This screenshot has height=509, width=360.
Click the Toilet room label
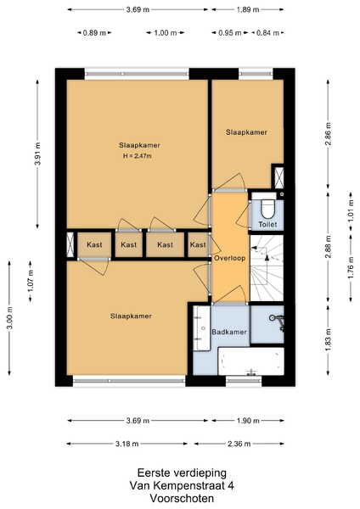(x=267, y=224)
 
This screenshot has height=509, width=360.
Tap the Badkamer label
(x=229, y=332)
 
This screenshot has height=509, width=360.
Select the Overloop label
(x=229, y=259)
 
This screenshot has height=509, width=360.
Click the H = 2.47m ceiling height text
(x=137, y=156)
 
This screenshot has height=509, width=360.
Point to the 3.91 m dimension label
(x=37, y=154)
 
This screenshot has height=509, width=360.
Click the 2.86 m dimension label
(x=329, y=134)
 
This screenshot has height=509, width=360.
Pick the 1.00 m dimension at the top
(x=166, y=33)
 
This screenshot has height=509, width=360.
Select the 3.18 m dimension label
(x=127, y=444)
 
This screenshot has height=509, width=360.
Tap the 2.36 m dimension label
(x=239, y=444)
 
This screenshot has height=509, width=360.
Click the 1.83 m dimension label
(x=329, y=340)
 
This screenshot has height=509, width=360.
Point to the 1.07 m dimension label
(x=31, y=282)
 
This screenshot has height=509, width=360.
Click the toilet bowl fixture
(x=267, y=210)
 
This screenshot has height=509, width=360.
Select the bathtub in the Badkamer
(x=250, y=361)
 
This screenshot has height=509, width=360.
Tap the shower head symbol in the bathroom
(x=273, y=318)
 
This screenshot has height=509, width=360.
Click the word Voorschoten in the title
(x=182, y=498)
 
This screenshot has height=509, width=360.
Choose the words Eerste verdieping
(x=182, y=473)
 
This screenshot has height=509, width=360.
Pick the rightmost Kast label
(x=198, y=244)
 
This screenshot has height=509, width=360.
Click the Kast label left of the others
(x=94, y=244)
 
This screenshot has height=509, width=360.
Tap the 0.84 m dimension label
(x=267, y=33)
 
